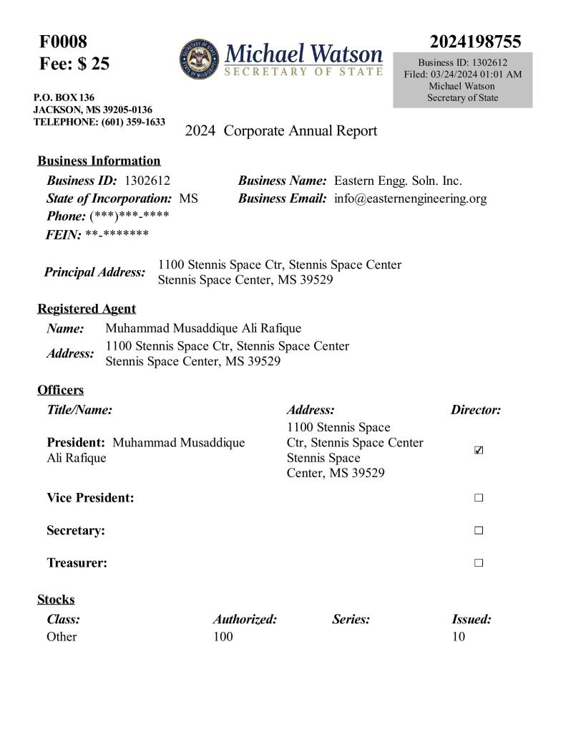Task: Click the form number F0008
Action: click(x=63, y=42)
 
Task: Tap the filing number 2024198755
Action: click(x=475, y=42)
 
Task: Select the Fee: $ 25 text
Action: click(x=74, y=64)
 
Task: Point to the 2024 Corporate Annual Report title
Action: click(x=280, y=131)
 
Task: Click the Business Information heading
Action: click(x=99, y=161)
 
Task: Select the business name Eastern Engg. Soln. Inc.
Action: click(x=398, y=181)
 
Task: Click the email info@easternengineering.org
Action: click(x=410, y=198)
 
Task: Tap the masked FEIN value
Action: click(x=117, y=234)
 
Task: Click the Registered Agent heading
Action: click(x=87, y=309)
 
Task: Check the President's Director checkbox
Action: click(x=479, y=451)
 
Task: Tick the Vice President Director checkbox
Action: click(x=479, y=498)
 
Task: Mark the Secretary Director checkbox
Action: click(x=479, y=531)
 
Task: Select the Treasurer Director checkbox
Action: click(x=479, y=563)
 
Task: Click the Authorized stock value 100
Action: click(x=223, y=636)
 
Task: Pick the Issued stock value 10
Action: click(x=458, y=636)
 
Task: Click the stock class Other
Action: click(x=62, y=636)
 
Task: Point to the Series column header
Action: click(x=351, y=620)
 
